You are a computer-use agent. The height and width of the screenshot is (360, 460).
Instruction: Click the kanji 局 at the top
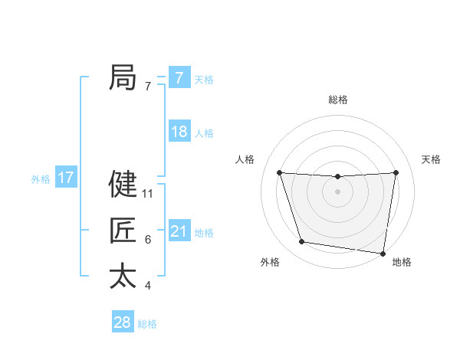click(123, 77)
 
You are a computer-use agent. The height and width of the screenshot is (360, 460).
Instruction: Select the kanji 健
click(123, 184)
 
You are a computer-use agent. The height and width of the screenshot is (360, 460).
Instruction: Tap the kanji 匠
click(123, 231)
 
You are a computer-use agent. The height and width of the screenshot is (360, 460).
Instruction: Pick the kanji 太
click(123, 276)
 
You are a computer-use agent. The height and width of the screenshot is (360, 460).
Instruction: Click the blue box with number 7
click(179, 78)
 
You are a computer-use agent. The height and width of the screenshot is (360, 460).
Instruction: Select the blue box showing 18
click(179, 132)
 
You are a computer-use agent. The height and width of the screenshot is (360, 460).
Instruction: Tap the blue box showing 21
click(179, 231)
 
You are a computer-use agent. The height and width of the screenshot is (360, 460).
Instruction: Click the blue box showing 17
click(66, 178)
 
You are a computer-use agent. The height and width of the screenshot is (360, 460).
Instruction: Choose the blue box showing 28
click(122, 322)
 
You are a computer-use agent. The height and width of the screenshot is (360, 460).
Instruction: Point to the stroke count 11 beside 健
click(148, 194)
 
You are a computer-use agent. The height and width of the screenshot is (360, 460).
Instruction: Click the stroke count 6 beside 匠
click(148, 240)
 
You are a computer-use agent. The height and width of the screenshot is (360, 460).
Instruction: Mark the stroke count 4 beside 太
click(148, 286)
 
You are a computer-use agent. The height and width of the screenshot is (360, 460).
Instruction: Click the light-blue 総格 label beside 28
click(147, 324)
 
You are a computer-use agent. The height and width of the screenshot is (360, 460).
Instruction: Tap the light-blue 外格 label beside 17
click(41, 179)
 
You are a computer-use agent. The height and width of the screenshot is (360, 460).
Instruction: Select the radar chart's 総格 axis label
click(337, 100)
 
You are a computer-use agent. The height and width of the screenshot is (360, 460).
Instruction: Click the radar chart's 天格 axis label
click(431, 159)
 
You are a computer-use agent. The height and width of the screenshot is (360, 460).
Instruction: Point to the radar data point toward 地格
click(383, 253)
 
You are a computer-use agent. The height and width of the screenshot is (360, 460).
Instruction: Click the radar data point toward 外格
click(302, 242)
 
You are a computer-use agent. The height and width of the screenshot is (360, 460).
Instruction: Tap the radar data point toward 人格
click(279, 172)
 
